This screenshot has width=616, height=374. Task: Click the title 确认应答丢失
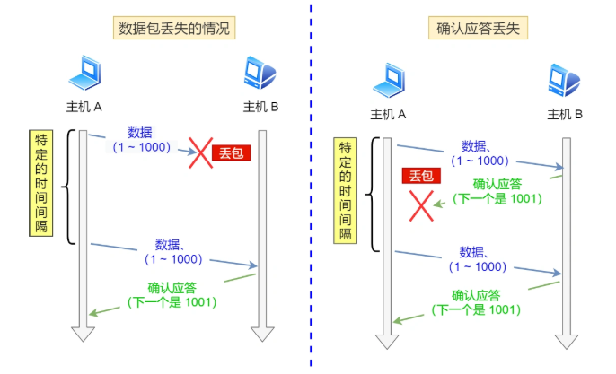(477, 28)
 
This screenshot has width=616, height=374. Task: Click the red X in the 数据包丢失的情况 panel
(199, 152)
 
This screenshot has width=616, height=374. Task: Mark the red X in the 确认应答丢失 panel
(421, 205)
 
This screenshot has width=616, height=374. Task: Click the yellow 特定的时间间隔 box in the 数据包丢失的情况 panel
(41, 185)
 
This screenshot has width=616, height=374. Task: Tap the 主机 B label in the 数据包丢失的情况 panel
(261, 108)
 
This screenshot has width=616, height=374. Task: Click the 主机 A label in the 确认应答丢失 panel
(389, 115)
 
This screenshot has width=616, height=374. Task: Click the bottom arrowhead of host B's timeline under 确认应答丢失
(566, 341)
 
